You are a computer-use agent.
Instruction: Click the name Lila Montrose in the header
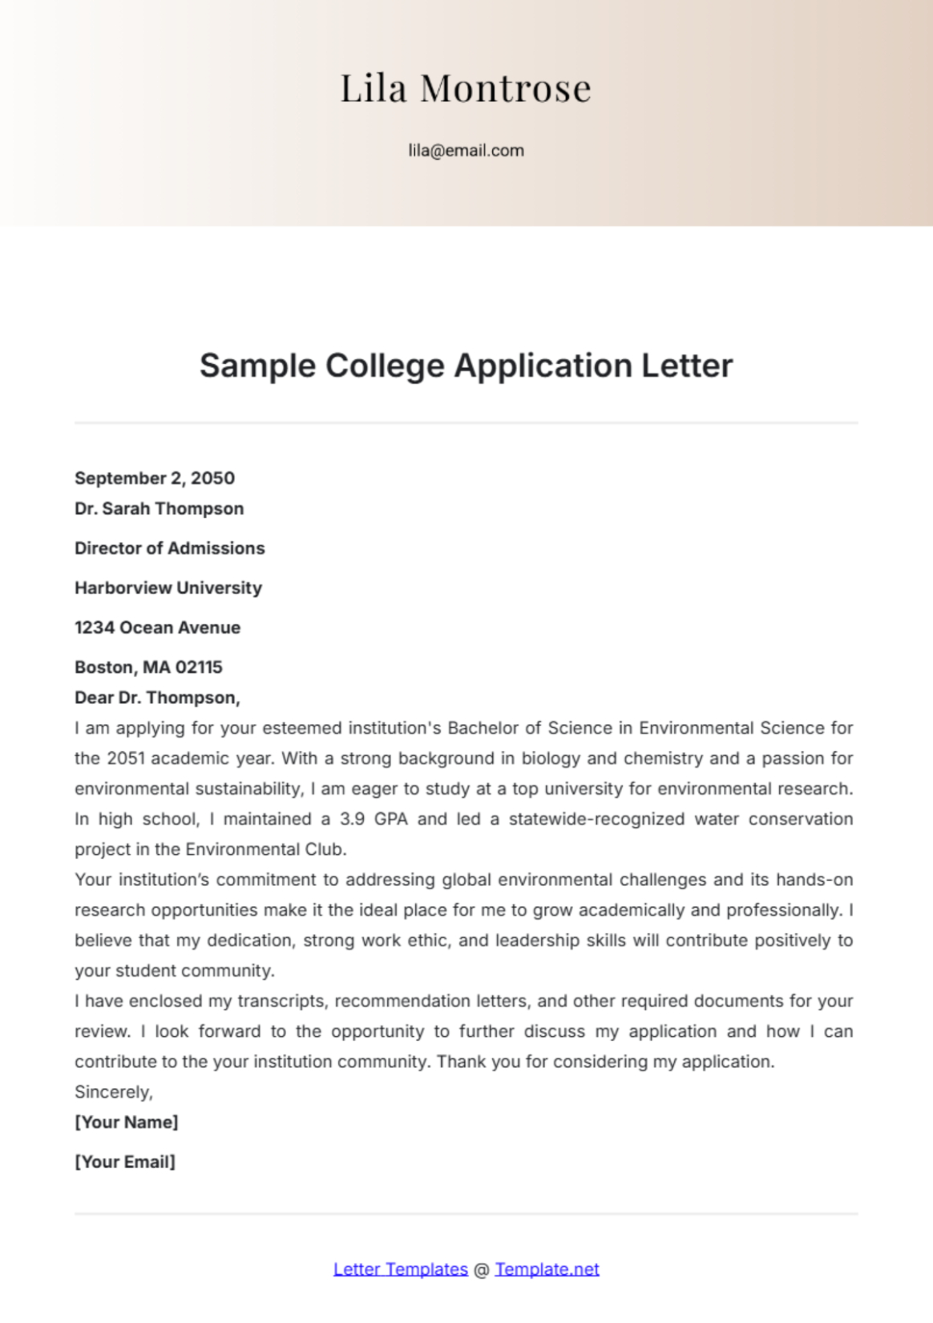click(x=466, y=88)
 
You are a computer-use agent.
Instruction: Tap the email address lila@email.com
click(x=466, y=151)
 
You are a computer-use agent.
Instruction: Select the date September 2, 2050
click(x=155, y=479)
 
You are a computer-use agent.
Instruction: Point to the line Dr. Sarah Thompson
click(x=159, y=509)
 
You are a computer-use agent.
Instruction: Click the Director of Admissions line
click(x=169, y=548)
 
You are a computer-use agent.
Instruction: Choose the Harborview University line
click(x=168, y=589)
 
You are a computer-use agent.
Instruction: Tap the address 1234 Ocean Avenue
click(x=157, y=628)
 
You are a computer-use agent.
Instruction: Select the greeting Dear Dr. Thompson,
click(x=157, y=698)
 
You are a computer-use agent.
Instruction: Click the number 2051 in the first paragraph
click(x=125, y=759)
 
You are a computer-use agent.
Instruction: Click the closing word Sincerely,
click(x=113, y=1092)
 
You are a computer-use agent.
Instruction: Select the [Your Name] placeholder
click(x=127, y=1123)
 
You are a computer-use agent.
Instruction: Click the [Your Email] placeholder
click(x=125, y=1163)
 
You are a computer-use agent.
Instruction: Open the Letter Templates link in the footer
click(x=400, y=1270)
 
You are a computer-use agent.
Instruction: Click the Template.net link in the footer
click(x=547, y=1270)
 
